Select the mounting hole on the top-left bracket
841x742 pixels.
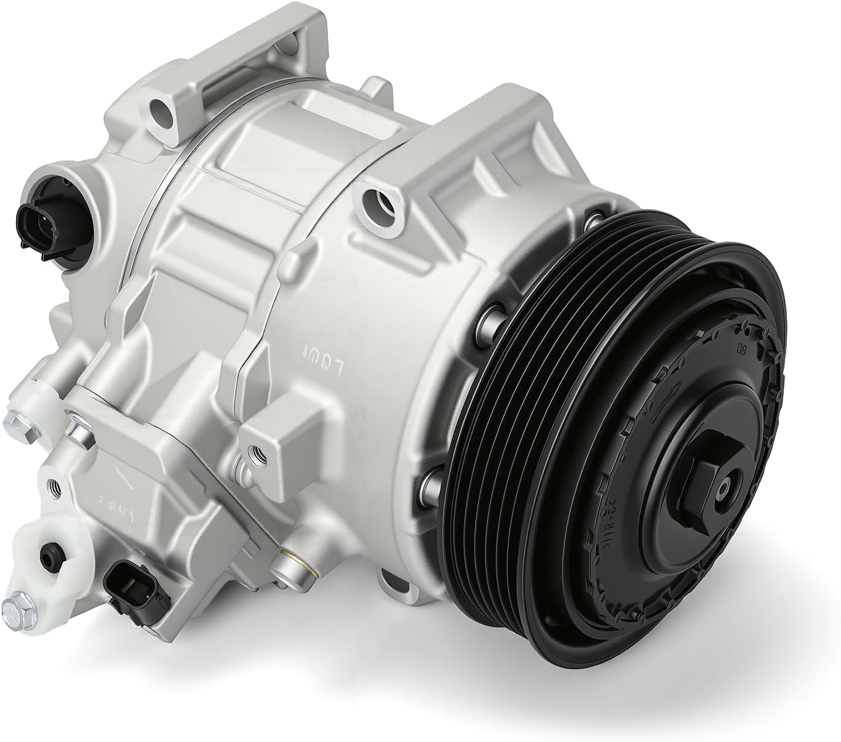pyautogui.click(x=159, y=110)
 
